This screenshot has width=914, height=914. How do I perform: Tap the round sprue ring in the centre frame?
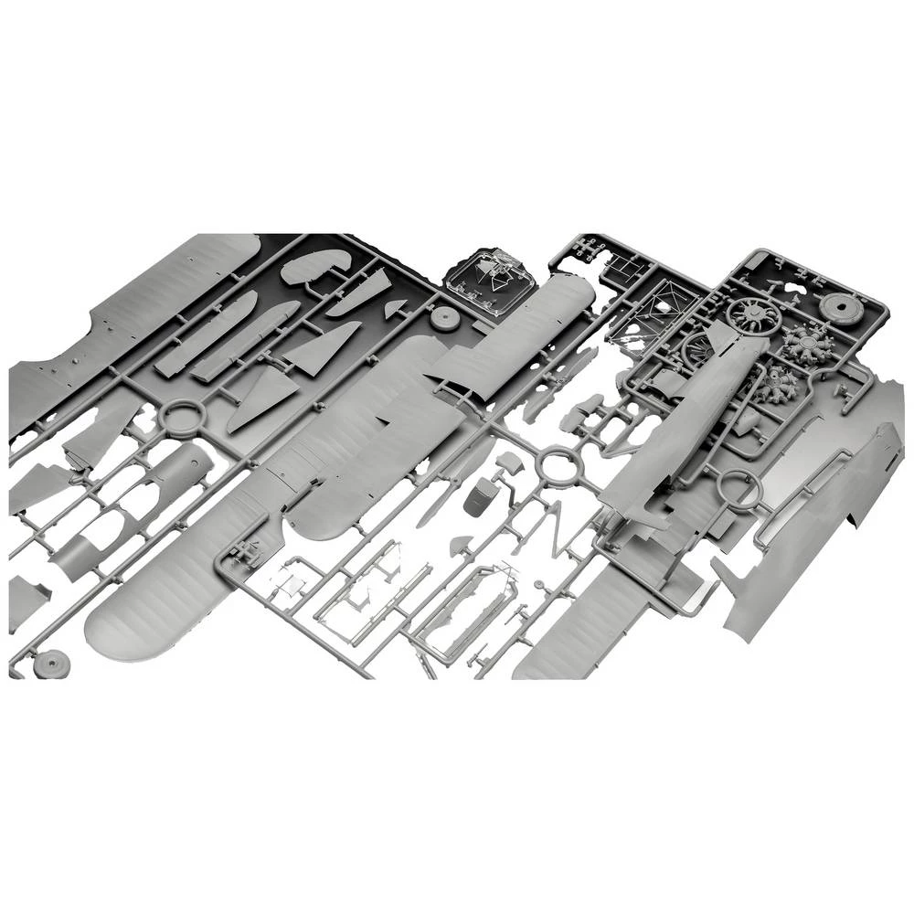[556, 465]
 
